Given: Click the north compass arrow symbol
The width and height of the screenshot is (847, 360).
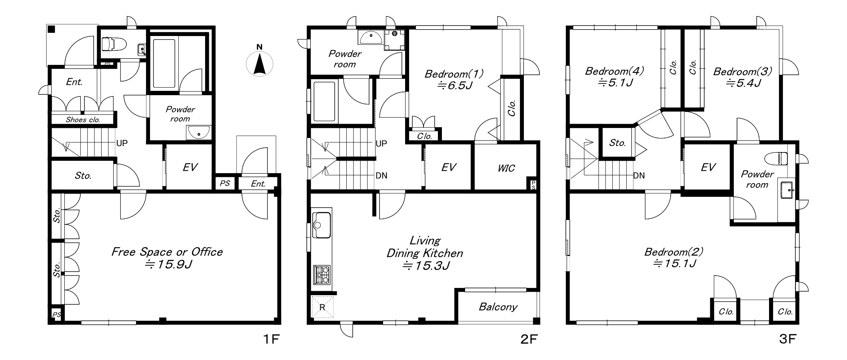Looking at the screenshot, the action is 260,64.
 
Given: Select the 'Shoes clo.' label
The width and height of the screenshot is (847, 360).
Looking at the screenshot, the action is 83,120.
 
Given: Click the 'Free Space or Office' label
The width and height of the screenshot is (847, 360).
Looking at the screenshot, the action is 167,252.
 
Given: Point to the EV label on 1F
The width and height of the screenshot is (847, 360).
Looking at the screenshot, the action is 190,167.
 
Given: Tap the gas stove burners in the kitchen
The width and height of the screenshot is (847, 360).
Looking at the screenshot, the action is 322,275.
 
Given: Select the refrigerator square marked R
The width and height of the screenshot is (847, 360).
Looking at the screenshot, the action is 322,307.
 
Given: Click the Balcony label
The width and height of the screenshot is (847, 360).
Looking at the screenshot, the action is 498,307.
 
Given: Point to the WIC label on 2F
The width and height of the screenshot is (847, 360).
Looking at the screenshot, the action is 506,168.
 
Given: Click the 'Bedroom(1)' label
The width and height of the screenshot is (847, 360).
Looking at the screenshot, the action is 453,74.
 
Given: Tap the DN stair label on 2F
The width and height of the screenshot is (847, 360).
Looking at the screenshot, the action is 382,176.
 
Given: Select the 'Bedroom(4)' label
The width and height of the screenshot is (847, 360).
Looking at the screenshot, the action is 614,71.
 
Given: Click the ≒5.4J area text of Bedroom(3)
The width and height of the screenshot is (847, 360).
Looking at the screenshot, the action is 743,83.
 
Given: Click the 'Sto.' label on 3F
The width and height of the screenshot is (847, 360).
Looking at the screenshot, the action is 618,143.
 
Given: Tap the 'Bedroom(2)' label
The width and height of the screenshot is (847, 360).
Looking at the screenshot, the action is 673,252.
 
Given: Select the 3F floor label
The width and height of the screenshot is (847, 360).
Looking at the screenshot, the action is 787,339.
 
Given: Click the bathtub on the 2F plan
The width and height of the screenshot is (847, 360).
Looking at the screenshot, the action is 324,102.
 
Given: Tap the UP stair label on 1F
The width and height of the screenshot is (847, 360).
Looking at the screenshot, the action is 122,143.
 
